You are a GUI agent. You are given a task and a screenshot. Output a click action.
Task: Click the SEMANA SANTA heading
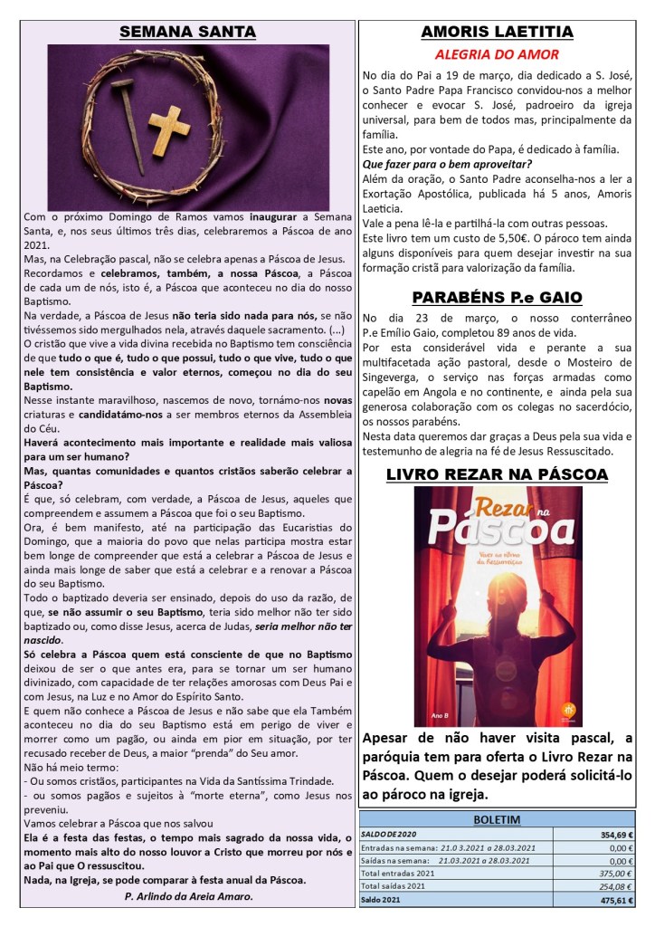[x=187, y=33]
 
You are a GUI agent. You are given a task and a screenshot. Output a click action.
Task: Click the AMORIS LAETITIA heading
[x=497, y=33]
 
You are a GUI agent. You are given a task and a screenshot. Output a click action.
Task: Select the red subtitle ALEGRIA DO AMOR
[x=497, y=54]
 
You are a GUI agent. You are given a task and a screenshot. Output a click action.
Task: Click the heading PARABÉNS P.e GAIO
[x=497, y=297]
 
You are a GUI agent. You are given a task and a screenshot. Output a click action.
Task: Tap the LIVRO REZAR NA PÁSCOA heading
[x=497, y=474]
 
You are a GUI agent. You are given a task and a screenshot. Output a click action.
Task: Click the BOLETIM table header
[x=497, y=818]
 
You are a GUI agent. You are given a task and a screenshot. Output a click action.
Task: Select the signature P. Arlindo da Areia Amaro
[x=187, y=895]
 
